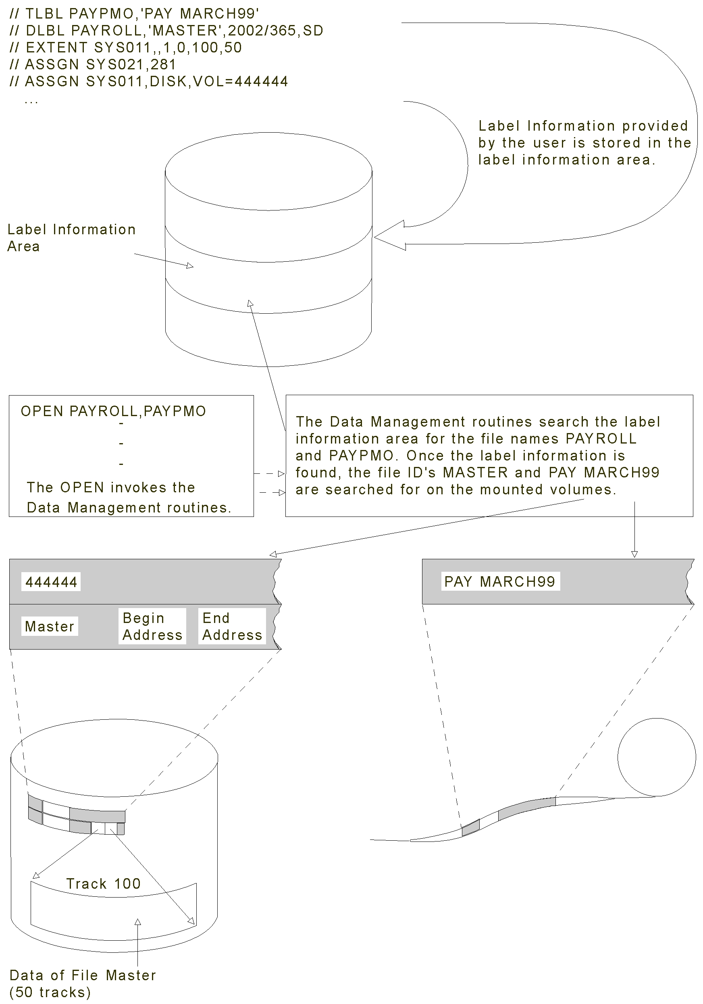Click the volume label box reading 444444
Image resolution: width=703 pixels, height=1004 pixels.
click(51, 582)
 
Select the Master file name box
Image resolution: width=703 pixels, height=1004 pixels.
click(50, 626)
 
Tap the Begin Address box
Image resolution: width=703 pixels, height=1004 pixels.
click(152, 626)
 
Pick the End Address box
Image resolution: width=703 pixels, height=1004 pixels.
click(232, 626)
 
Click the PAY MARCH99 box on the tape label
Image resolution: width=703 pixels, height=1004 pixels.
click(500, 581)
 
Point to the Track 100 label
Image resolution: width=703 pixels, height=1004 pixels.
click(104, 884)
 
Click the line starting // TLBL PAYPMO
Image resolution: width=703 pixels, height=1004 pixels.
click(134, 14)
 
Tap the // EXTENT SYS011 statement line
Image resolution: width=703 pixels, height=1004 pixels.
click(125, 47)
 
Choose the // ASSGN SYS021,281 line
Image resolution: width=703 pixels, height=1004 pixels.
click(92, 64)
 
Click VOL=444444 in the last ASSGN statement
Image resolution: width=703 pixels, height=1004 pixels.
click(241, 81)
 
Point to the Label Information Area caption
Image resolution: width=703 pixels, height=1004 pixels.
click(71, 237)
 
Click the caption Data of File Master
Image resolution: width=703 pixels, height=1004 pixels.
click(83, 975)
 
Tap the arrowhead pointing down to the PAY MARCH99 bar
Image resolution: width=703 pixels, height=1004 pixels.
click(634, 554)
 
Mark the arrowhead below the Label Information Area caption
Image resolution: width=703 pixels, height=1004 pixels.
click(190, 265)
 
